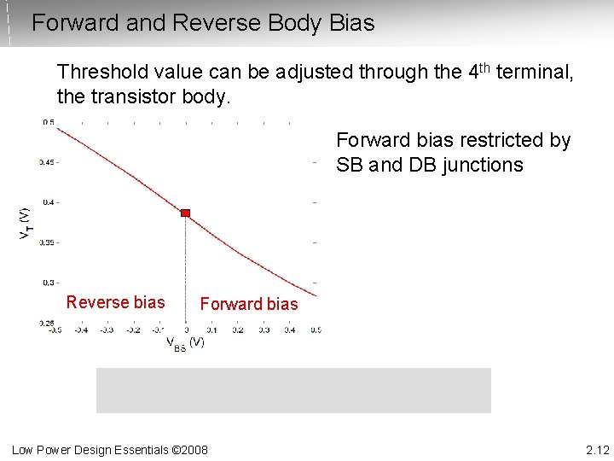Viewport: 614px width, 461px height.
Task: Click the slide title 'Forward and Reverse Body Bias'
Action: click(x=203, y=23)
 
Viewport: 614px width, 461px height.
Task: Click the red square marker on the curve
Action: click(x=185, y=213)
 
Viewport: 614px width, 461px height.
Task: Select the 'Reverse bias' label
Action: click(x=115, y=302)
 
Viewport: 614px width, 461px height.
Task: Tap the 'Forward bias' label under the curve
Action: click(x=248, y=304)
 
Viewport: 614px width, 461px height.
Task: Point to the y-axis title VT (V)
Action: click(x=26, y=223)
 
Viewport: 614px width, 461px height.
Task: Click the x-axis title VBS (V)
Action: click(x=184, y=342)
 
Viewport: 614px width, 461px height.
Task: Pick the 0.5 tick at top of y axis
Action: click(x=48, y=122)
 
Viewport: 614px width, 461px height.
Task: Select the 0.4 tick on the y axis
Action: click(x=49, y=202)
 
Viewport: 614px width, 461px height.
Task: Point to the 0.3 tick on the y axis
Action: click(x=49, y=283)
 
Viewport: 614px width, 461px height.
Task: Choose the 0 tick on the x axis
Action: click(x=186, y=330)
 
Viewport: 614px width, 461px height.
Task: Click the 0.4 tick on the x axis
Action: click(x=289, y=330)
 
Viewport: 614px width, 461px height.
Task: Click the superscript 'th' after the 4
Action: click(x=488, y=67)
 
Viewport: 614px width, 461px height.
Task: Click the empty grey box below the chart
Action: click(x=293, y=390)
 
